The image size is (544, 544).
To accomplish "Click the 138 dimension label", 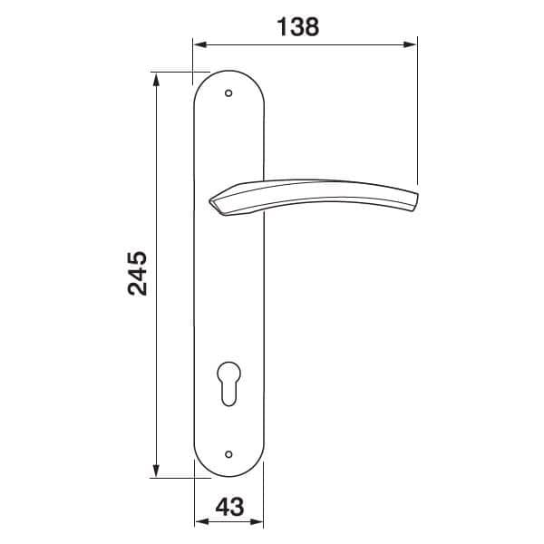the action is [x=298, y=26].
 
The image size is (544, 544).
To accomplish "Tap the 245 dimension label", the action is [x=138, y=274].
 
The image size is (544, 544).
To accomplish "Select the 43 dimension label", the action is [x=229, y=507].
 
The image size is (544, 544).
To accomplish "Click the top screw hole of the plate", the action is [x=228, y=93].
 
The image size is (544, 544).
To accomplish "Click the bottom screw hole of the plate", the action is [x=228, y=454].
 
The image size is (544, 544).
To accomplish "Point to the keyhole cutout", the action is [x=228, y=384].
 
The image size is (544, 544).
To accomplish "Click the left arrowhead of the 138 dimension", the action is [x=200, y=44].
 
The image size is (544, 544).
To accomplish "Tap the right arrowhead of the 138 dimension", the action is [x=410, y=44].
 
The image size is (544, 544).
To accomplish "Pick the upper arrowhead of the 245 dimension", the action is [x=156, y=79].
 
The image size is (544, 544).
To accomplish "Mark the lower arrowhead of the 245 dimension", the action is [x=156, y=470].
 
